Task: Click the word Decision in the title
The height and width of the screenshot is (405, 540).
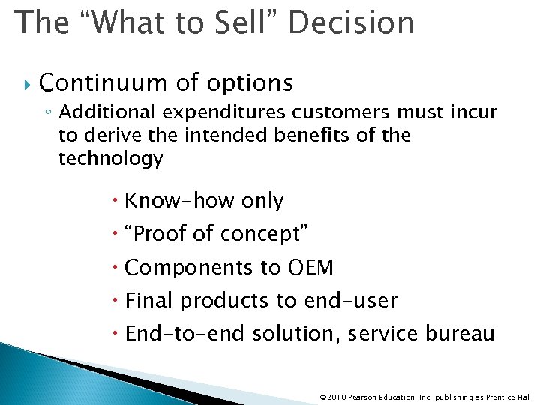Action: pos(350,22)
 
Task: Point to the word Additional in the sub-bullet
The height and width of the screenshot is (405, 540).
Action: pos(108,112)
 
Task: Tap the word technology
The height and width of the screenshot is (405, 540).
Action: pos(110,158)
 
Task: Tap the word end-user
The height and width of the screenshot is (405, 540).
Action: pos(350,301)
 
